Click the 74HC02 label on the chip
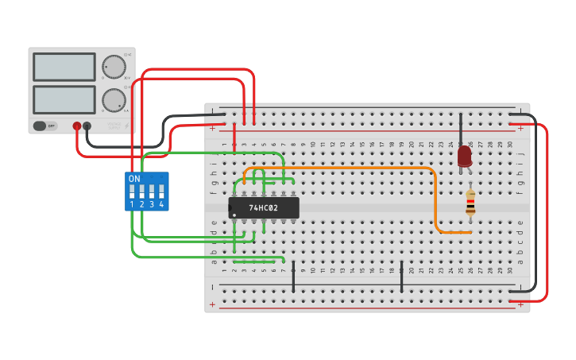pyautogui.click(x=263, y=208)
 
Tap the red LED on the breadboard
pyautogui.click(x=464, y=156)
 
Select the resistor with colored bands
pyautogui.click(x=470, y=203)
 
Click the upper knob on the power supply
pyautogui.click(x=114, y=67)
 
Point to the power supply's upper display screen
pyautogui.click(x=64, y=67)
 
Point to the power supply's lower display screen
pyautogui.click(x=64, y=99)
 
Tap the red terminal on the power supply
pyautogui.click(x=77, y=126)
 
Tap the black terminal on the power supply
pyautogui.click(x=87, y=126)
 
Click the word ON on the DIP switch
pyautogui.click(x=134, y=179)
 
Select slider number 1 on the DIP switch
pyautogui.click(x=132, y=192)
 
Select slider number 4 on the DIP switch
pyautogui.click(x=161, y=192)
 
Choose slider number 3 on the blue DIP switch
pyautogui.click(x=152, y=192)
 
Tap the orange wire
pyautogui.click(x=435, y=199)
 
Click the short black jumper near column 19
pyautogui.click(x=401, y=276)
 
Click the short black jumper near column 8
pyautogui.click(x=293, y=276)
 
